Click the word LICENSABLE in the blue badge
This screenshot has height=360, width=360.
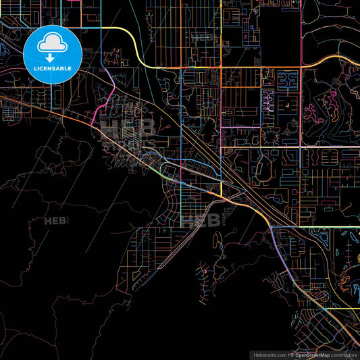(x=52, y=68)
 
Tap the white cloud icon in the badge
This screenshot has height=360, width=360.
(x=52, y=45)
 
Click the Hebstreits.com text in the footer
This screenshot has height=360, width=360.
(x=269, y=354)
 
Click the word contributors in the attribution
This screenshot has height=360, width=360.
(x=343, y=354)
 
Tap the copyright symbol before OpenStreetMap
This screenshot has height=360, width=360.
(x=291, y=354)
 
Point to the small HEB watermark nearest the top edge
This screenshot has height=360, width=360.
(x=203, y=37)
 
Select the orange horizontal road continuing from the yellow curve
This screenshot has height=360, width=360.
(x=203, y=68)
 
